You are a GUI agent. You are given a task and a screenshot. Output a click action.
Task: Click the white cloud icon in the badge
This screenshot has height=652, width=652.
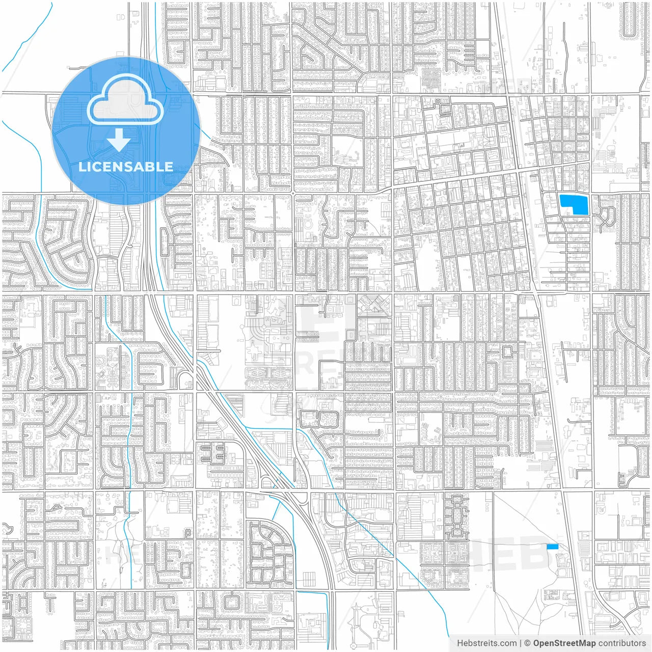click(125, 99)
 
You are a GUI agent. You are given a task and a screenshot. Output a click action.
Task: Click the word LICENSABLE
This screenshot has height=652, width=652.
click(126, 167)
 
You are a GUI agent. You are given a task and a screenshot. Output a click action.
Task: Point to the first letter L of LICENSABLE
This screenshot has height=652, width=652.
click(81, 167)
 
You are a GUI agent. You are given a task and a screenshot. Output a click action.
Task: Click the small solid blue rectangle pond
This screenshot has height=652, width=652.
click(552, 547)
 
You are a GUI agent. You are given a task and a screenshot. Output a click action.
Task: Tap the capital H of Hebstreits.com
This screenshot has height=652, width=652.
click(460, 643)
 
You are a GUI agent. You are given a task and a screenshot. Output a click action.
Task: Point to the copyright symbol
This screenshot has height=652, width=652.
click(528, 643)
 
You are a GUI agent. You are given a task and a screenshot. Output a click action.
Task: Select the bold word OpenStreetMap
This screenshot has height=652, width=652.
click(564, 643)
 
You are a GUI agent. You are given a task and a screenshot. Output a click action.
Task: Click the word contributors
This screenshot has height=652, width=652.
click(622, 643)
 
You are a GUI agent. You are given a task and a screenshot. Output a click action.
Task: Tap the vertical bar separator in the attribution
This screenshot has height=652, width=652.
click(520, 643)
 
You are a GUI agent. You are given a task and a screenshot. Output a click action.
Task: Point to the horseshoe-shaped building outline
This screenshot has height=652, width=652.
click(309, 222)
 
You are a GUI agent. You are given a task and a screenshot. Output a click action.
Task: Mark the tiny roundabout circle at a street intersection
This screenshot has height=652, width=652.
click(293, 194)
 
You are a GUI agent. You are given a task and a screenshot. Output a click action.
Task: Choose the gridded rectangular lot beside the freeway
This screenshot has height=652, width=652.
click(309, 579)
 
